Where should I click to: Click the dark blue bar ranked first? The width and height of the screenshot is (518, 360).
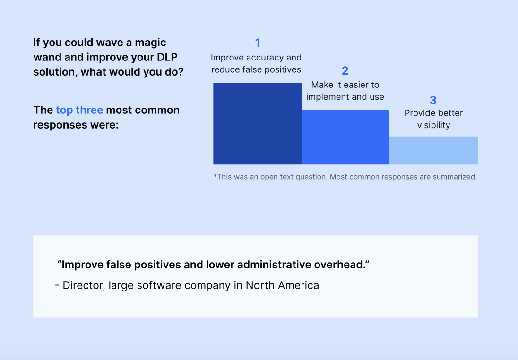(258, 123)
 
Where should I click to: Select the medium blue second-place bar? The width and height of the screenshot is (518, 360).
(345, 137)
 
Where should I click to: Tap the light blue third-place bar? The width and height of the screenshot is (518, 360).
(433, 150)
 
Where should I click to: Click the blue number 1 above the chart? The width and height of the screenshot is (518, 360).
(258, 43)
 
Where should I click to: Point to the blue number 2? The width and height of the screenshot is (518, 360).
(345, 70)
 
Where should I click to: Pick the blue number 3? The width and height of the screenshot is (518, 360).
(433, 100)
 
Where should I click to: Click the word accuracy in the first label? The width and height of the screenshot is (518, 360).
(265, 58)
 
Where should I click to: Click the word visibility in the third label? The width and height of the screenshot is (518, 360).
(433, 125)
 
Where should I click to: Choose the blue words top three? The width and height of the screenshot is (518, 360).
(79, 110)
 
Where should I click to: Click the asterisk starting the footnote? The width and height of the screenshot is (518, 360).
(215, 175)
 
